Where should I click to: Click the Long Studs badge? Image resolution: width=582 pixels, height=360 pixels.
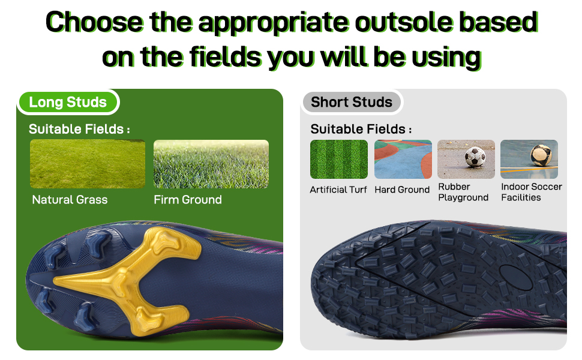68,102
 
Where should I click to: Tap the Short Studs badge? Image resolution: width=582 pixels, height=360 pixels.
351,102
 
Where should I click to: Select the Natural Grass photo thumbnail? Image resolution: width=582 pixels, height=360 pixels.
88,164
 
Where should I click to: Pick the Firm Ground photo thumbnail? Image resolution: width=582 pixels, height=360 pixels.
211,164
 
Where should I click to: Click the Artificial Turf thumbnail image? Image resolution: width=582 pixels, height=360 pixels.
339,160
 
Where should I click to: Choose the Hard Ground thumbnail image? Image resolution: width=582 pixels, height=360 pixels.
403,160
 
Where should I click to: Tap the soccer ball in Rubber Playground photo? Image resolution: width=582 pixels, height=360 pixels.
475,157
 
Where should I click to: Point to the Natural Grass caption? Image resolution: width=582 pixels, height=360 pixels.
70,200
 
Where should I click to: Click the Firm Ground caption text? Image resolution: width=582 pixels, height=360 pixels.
188,200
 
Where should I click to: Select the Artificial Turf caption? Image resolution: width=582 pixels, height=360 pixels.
338,190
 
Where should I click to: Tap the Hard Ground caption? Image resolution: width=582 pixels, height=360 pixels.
402,190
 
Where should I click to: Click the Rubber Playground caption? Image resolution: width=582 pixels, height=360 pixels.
463,192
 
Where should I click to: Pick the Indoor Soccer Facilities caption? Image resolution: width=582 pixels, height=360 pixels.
531,192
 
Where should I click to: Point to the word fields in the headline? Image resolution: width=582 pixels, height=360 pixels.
226,57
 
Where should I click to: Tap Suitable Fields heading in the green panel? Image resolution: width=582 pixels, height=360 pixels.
79,129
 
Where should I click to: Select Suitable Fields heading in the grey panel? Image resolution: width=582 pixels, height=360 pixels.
361,129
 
